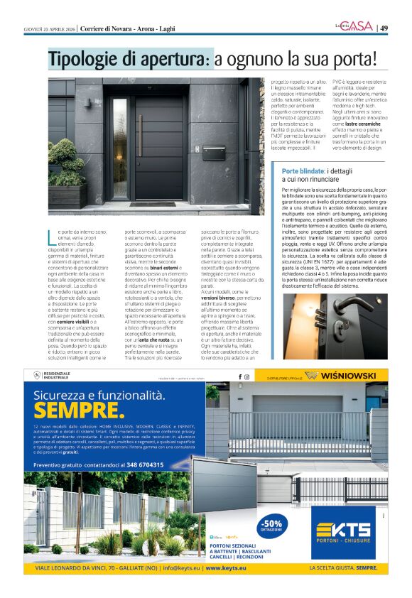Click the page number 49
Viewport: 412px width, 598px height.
(x=384, y=28)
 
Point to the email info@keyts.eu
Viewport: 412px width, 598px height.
(x=181, y=569)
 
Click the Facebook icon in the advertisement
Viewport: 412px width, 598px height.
(x=239, y=376)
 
